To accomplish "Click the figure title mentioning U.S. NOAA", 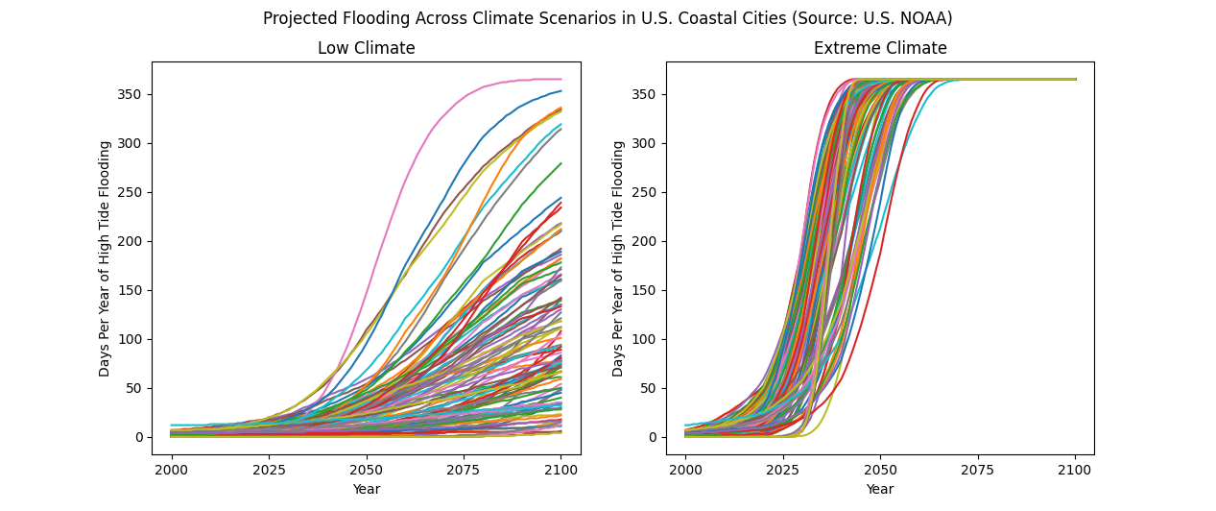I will (x=608, y=18).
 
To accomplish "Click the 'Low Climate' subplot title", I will (x=366, y=48).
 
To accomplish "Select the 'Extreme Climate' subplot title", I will (x=879, y=48).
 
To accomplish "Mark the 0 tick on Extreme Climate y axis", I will (x=654, y=437).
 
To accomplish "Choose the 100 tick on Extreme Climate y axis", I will (x=646, y=339).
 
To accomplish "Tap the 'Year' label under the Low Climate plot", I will (x=366, y=489).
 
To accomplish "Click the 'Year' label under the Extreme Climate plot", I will (x=879, y=489).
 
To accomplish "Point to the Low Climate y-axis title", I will (x=106, y=258).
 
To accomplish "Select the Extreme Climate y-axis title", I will (x=619, y=258).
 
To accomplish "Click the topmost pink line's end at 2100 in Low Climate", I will (x=560, y=79).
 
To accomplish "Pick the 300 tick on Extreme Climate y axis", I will (x=646, y=143).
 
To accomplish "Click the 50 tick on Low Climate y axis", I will (x=135, y=388).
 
